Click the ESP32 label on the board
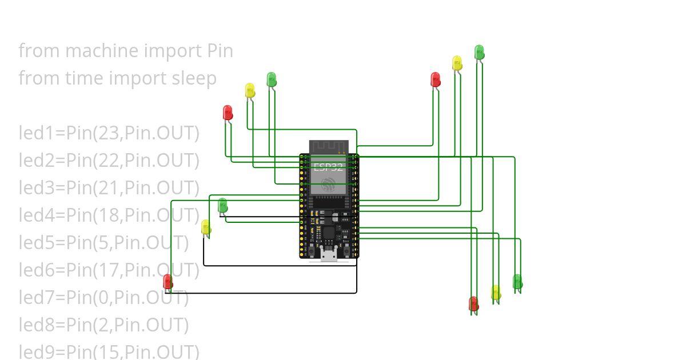coord(328,167)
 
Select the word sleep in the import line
coord(194,78)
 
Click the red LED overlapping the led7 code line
coord(167,281)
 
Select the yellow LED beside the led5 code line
coord(206,227)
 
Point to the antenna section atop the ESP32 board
coord(329,147)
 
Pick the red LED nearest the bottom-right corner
coord(473,303)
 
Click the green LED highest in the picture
coord(479,51)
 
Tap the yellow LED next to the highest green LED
coord(457,62)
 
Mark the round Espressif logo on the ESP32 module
coord(328,184)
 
